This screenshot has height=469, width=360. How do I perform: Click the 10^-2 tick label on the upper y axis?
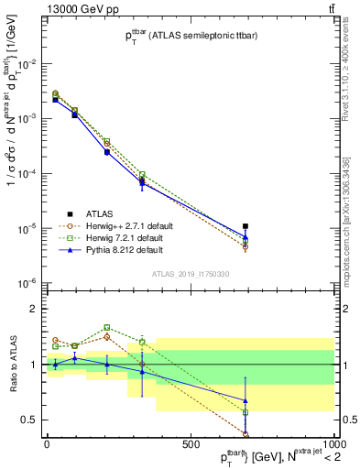pyautogui.click(x=28, y=63)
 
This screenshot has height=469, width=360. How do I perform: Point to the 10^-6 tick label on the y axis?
pyautogui.click(x=28, y=283)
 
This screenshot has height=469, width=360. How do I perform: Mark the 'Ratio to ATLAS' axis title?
pyautogui.click(x=11, y=364)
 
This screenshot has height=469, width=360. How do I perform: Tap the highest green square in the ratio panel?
pyautogui.click(x=107, y=327)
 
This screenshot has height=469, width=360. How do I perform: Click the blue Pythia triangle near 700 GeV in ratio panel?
pyautogui.click(x=245, y=400)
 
